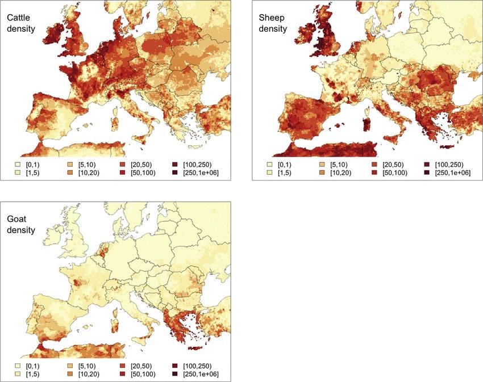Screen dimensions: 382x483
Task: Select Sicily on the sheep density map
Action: (391, 137)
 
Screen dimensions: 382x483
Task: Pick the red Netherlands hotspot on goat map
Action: (103, 249)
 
